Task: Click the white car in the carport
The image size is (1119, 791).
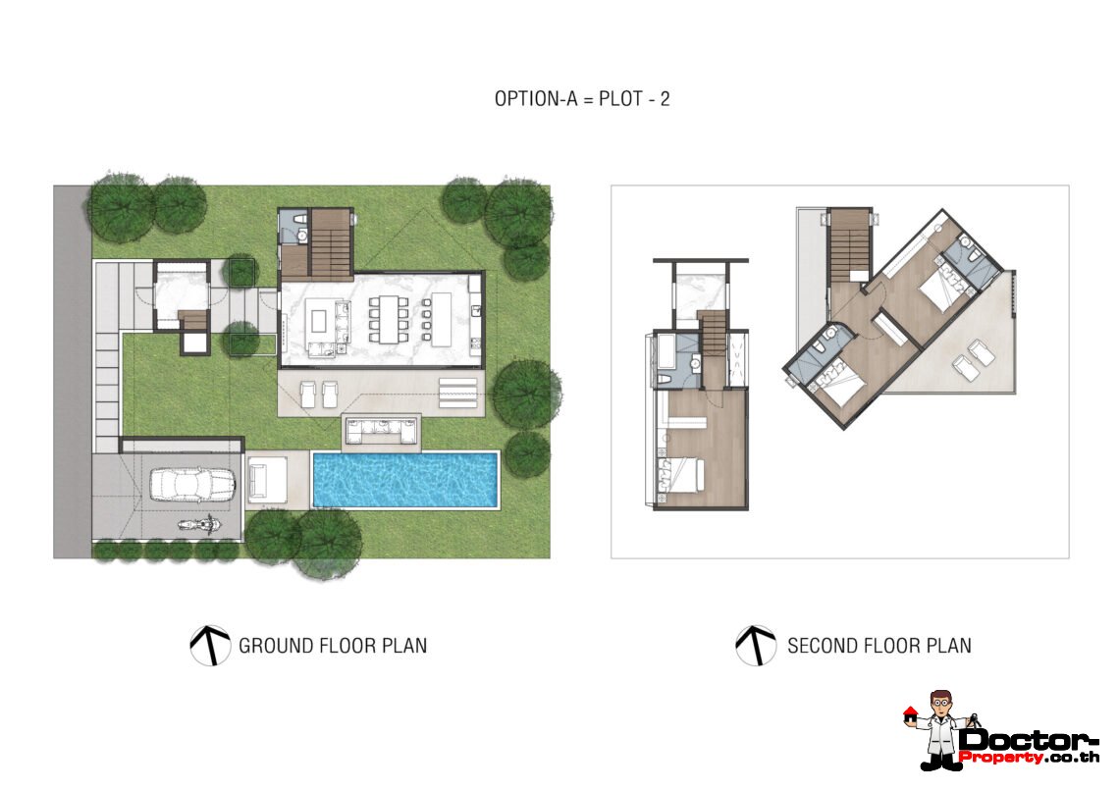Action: coord(192,484)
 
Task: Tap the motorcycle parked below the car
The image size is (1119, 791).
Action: coord(197,524)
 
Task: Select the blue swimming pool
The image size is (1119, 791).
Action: coord(405,479)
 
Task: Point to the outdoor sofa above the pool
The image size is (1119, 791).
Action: coord(381,428)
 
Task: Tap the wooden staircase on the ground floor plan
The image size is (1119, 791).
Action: coord(331,241)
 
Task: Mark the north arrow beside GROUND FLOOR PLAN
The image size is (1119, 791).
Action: coord(210,646)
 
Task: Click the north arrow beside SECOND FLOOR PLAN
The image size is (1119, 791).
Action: coord(756,646)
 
